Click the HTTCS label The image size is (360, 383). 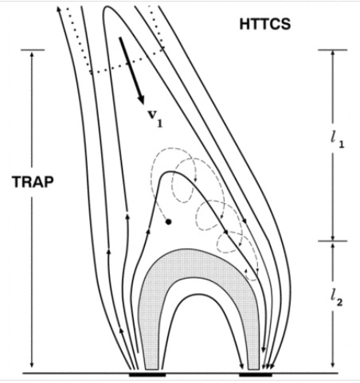click(265, 25)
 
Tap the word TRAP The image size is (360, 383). click(33, 182)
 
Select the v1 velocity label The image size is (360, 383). click(155, 118)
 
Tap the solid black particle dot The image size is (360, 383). click(168, 221)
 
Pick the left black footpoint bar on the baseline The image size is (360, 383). click(147, 375)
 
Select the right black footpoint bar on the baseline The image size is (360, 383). click(256, 375)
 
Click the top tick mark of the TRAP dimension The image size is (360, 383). click(33, 50)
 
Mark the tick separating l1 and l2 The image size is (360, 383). click(333, 241)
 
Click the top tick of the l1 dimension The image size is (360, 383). click(333, 50)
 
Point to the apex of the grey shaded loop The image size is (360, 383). click(186, 249)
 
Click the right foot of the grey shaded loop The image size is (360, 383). click(253, 366)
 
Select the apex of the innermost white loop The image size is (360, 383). click(197, 295)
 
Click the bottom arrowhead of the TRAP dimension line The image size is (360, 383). click(32, 365)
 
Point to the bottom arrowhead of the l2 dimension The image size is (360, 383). click(333, 365)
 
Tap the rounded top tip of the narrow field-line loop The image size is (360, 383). click(108, 7)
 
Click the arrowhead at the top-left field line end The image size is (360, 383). click(59, 9)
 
